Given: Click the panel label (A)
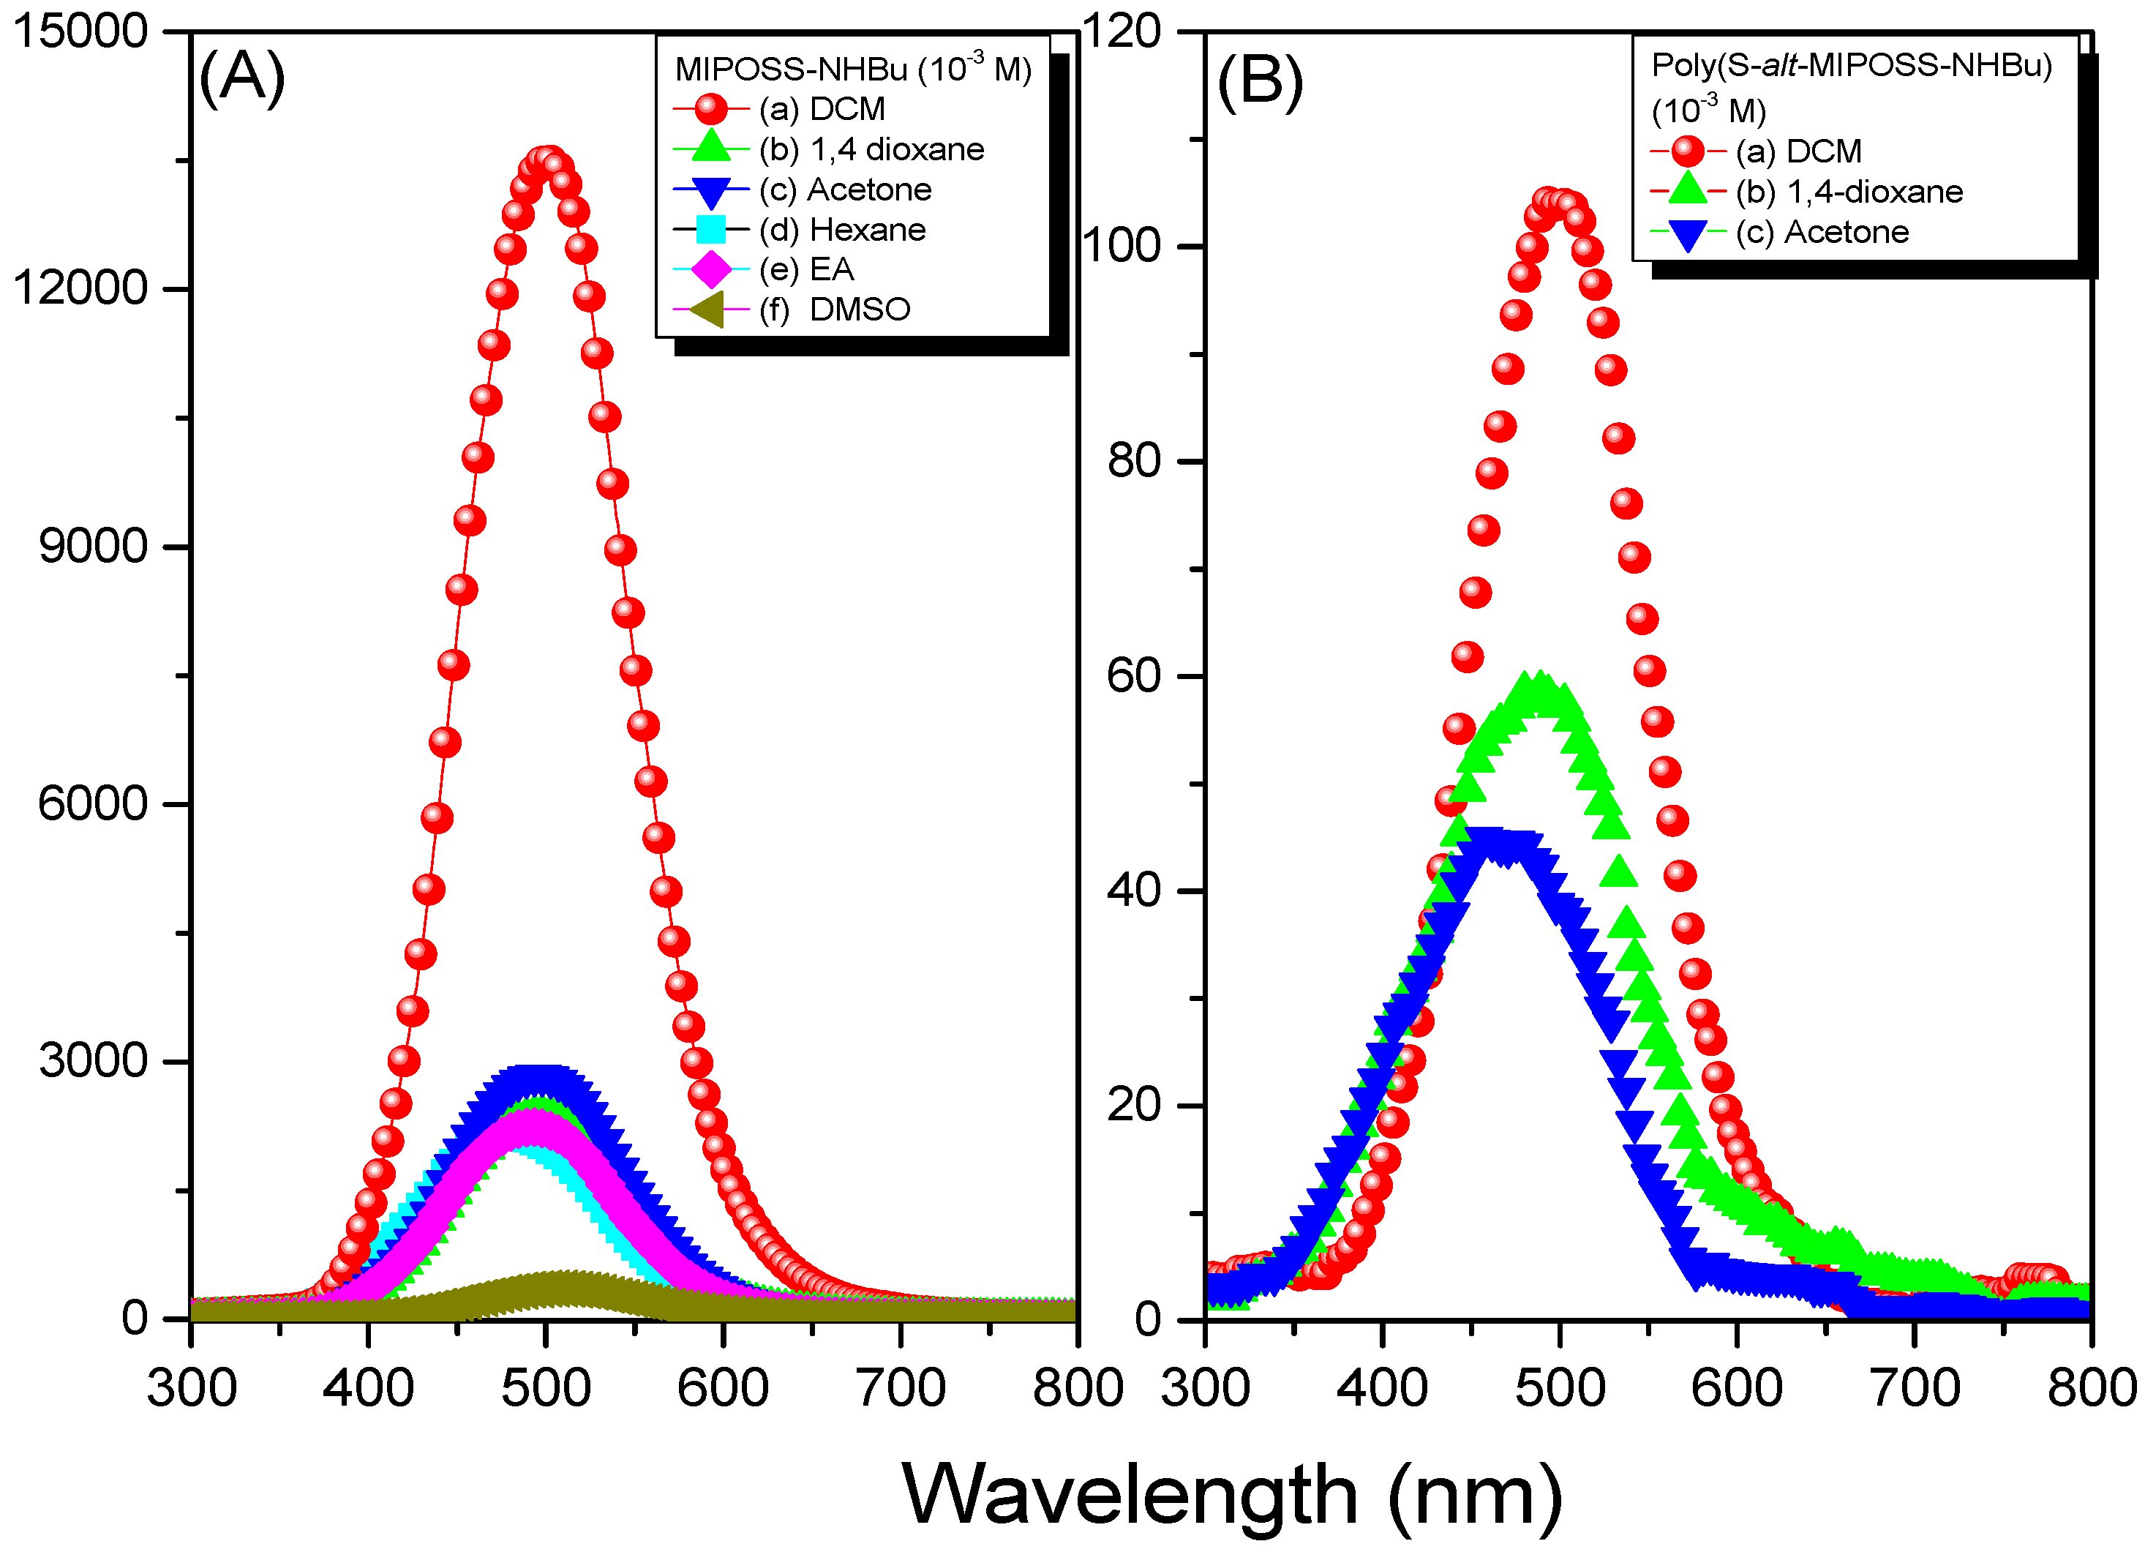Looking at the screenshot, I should pyautogui.click(x=241, y=78).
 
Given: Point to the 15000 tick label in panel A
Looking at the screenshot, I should pyautogui.click(x=80, y=31).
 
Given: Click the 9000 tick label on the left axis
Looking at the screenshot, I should pyautogui.click(x=93, y=546).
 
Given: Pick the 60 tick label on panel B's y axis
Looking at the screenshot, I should pyautogui.click(x=1133, y=676).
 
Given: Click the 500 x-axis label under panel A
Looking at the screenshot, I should pyautogui.click(x=546, y=1388).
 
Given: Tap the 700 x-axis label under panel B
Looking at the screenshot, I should pyautogui.click(x=1915, y=1388).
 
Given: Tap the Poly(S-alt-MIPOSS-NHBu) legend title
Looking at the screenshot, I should pyautogui.click(x=1851, y=65).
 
